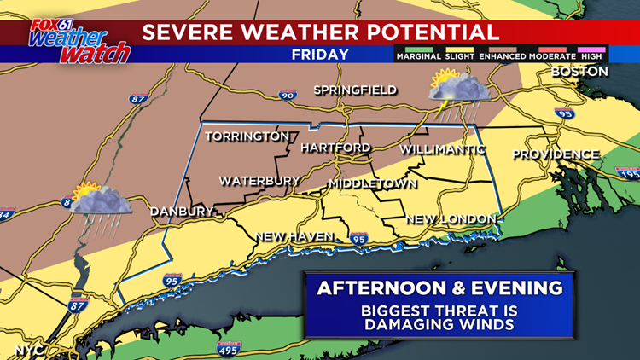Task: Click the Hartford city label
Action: point(335,148)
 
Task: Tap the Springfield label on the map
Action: point(355,90)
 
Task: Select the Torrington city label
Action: point(247,136)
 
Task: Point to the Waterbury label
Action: point(259,181)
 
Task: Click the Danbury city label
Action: point(181,212)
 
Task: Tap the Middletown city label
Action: point(372,184)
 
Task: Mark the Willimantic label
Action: point(442,149)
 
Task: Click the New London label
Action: point(451,219)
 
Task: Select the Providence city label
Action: point(556,154)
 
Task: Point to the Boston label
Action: point(579,72)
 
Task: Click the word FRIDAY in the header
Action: point(320,55)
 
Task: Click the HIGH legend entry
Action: point(592,55)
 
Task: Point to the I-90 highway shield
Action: point(287,96)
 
